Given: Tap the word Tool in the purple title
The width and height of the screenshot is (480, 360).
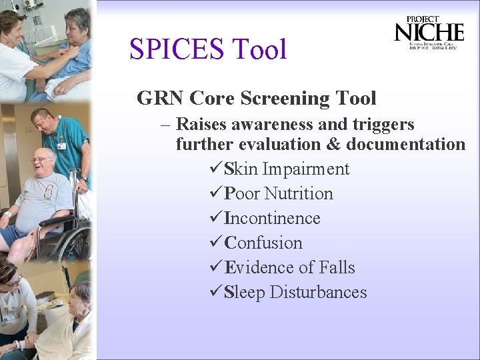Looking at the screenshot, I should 259,49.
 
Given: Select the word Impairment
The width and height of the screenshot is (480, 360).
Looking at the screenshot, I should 305,169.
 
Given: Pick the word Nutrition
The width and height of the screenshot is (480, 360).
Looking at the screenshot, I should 298,193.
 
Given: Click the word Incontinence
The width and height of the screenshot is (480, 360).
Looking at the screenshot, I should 272,218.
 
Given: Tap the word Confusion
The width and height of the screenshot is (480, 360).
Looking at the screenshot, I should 263,243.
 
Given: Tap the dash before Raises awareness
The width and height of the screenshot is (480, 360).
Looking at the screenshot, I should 164,125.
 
